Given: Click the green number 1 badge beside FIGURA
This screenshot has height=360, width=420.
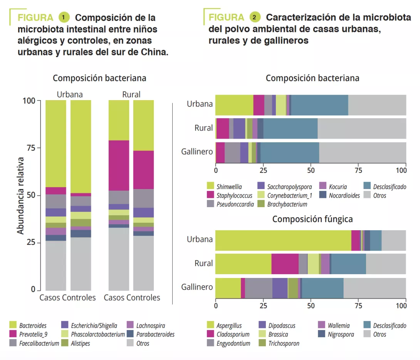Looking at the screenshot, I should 64,17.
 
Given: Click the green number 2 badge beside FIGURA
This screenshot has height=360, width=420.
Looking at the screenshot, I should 255,17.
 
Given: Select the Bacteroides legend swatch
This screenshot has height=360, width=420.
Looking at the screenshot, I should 13,325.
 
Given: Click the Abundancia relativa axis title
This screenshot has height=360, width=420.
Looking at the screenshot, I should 20,195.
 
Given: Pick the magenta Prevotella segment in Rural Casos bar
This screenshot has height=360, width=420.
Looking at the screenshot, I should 119,165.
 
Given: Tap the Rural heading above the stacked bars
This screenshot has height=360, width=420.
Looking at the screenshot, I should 131,94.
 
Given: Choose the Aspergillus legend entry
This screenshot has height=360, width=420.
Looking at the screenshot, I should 229,326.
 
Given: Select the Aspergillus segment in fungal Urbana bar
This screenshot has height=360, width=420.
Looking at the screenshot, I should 283,240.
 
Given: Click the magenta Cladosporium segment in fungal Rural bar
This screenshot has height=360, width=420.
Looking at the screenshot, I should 285,264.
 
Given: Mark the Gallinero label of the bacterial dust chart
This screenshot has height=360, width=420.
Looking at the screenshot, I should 197,152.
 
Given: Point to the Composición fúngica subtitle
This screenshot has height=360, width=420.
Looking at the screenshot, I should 312,219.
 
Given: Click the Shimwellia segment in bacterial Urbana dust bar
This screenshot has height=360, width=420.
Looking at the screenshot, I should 234,104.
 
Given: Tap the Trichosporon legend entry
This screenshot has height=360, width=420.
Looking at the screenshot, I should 283,343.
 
